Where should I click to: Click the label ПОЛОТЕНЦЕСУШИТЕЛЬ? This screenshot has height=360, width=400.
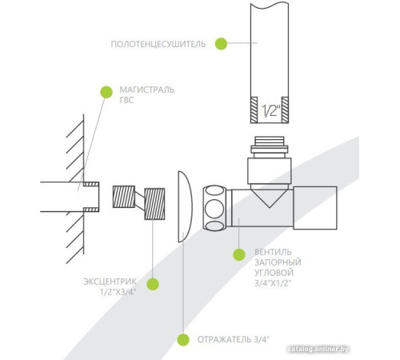158,44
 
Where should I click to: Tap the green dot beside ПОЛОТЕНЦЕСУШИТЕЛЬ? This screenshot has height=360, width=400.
221,43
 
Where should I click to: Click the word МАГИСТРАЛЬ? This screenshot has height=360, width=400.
146,90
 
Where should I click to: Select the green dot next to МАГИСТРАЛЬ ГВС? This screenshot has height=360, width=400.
106,92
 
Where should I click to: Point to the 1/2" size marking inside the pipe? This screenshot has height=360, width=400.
270,110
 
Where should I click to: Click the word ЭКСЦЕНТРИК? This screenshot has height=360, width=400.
110,282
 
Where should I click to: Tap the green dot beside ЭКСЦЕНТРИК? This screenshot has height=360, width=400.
153,284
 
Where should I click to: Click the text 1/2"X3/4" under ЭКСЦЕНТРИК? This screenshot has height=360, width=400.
118,292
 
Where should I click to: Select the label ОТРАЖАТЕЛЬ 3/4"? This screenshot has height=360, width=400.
234,339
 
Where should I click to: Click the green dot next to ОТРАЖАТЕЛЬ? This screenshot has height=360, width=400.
183,340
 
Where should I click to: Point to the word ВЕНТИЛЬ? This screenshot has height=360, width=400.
273,252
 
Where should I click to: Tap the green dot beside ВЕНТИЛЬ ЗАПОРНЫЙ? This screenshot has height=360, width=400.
239,254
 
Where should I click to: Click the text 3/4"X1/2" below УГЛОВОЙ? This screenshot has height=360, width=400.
272,283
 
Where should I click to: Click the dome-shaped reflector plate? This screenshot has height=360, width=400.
185,206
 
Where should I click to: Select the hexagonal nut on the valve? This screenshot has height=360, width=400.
214,208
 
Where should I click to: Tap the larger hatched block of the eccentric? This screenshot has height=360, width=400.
154,204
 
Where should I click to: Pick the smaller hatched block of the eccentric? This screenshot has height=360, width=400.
124,197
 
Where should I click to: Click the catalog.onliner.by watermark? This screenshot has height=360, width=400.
318,349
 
